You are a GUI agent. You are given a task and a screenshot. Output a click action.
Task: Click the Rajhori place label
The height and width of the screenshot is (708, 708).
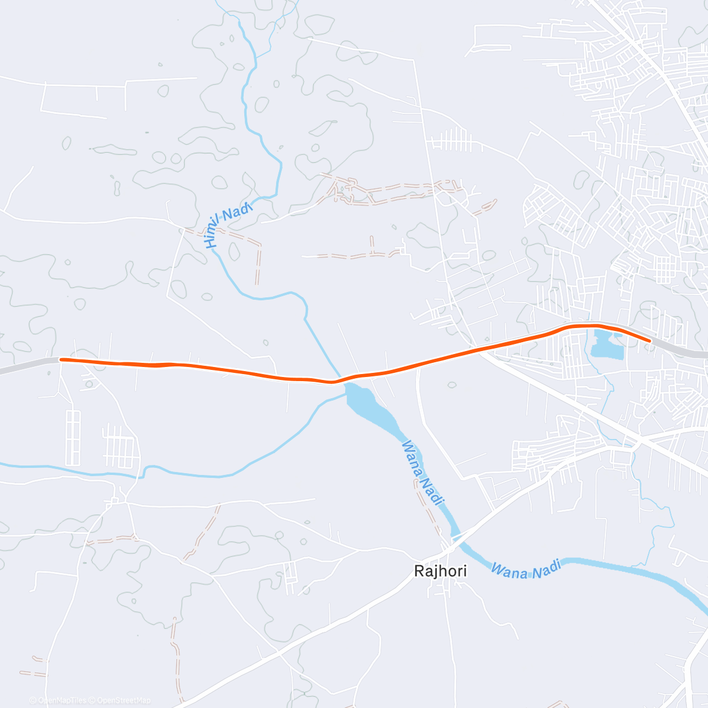coord(440,571)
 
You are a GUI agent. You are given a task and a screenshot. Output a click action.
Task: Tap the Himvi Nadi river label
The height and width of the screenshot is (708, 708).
coord(228,224)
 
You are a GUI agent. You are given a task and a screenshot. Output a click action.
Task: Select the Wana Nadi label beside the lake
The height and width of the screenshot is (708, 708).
coord(422,473)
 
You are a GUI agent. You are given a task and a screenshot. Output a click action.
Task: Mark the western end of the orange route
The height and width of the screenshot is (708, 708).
coord(61,359)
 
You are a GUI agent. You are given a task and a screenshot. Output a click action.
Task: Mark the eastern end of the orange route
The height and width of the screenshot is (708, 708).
coord(649,340)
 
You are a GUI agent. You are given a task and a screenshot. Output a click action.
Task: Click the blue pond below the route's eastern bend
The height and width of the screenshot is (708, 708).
coord(607,345)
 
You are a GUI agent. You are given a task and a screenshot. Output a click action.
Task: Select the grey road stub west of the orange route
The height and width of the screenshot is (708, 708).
coord(27,365)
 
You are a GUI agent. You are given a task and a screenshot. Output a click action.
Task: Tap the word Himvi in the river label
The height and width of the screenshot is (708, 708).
coord(212,233)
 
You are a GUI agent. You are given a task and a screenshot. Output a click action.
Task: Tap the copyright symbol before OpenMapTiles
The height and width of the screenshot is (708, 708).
coord(33,700)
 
